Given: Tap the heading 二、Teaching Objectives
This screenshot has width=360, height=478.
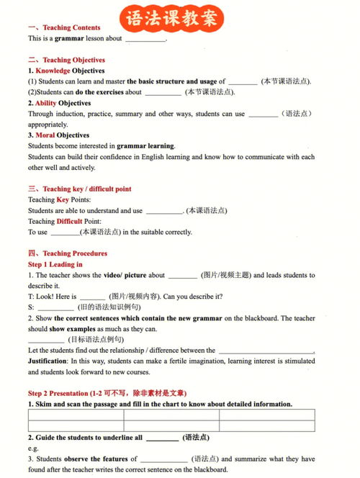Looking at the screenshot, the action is pos(66,60).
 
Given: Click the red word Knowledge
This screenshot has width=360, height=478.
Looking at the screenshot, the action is pos(53,71).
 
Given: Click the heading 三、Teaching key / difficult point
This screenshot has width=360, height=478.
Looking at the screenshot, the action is pos(79,189).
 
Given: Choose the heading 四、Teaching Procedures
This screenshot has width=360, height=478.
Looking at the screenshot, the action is pos(67,253).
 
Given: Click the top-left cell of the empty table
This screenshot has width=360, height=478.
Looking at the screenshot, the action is pos(76,415).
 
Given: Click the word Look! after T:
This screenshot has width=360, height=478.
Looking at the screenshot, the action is pos(45,297).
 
